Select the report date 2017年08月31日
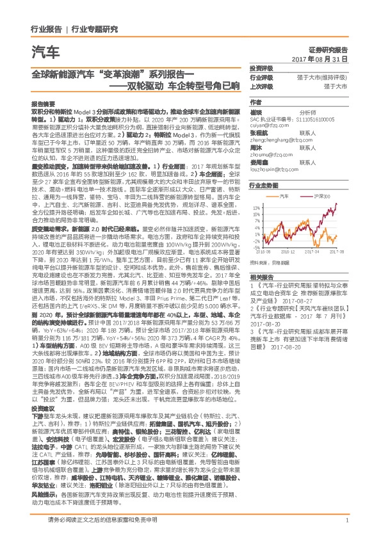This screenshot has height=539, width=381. (320, 59)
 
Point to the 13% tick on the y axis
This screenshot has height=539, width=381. (256, 208)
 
